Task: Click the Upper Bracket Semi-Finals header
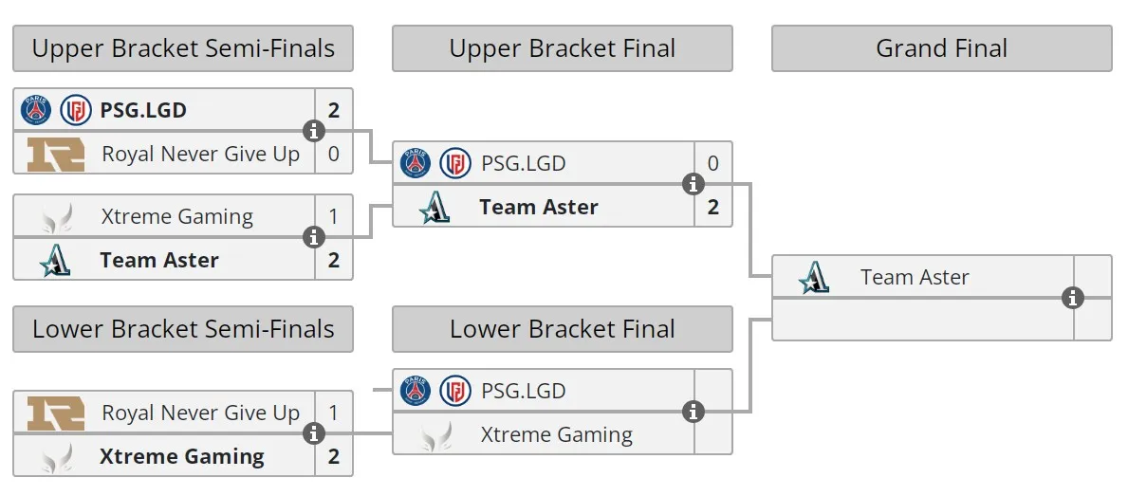coord(183,48)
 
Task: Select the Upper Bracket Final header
coord(562,48)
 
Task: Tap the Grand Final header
coord(942,48)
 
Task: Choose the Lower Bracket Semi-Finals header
coord(183,328)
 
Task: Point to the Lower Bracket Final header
coord(562,328)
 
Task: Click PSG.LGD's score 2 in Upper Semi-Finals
coord(333,110)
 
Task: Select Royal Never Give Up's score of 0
coord(333,153)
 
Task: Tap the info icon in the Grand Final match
coord(1073,298)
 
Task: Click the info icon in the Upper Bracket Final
coord(693,184)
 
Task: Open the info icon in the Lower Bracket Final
coord(693,412)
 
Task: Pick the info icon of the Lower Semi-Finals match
coord(314,433)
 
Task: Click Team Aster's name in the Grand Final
coord(915,277)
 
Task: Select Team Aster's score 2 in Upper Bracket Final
coord(712,207)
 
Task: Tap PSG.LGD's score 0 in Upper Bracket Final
coord(712,163)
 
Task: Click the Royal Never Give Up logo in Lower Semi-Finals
coord(56,413)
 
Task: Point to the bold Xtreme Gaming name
coord(182,456)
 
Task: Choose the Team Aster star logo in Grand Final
coord(814,278)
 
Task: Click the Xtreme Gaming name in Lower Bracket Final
coord(557,434)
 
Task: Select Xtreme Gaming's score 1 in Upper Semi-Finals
coord(333,216)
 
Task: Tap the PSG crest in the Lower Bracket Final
coord(416,391)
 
